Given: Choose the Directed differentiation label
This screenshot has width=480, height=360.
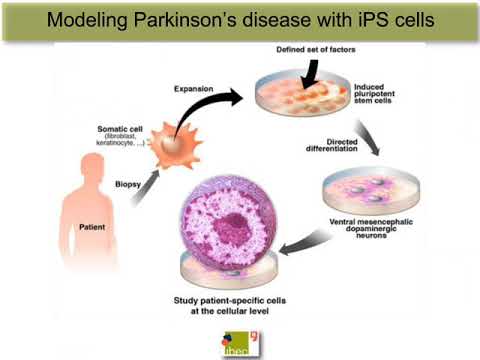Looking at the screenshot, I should tap(326, 150).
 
